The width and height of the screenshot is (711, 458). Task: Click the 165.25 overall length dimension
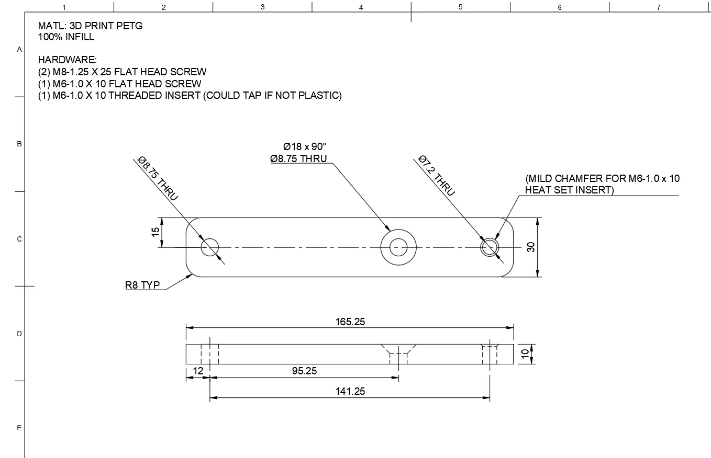pyautogui.click(x=350, y=322)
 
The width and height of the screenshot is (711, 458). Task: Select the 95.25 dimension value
pyautogui.click(x=304, y=371)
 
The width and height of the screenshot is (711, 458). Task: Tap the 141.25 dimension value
pyautogui.click(x=350, y=391)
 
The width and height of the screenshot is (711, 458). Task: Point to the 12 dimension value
pyautogui.click(x=198, y=371)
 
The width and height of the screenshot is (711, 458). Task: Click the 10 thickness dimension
pyautogui.click(x=525, y=353)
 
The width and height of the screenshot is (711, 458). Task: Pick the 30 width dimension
pyautogui.click(x=531, y=247)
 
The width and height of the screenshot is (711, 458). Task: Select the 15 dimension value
pyautogui.click(x=155, y=232)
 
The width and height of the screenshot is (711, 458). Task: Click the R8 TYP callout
pyautogui.click(x=142, y=285)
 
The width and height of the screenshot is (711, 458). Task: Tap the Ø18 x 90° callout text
pyautogui.click(x=304, y=146)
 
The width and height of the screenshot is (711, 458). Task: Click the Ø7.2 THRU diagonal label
pyautogui.click(x=437, y=175)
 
